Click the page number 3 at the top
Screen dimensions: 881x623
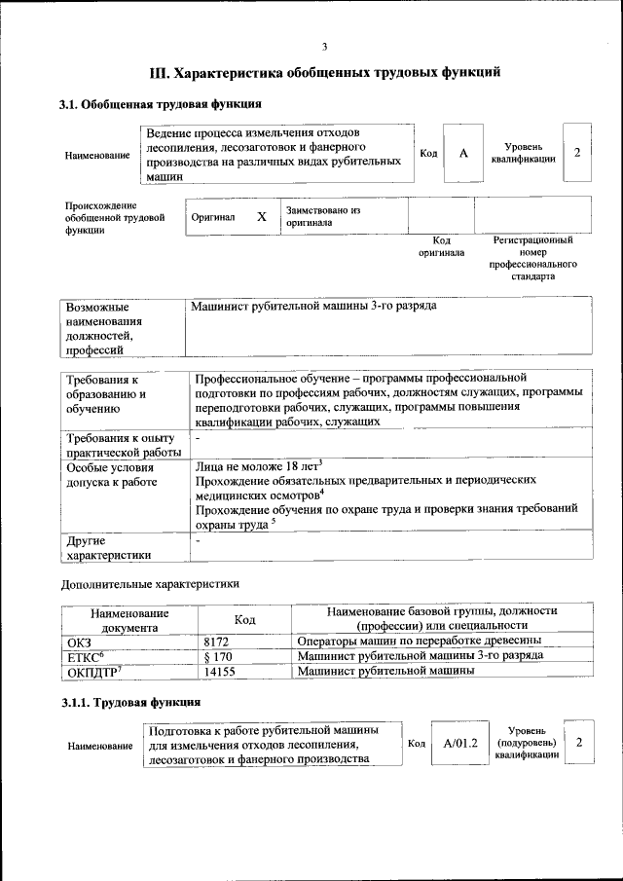(324, 46)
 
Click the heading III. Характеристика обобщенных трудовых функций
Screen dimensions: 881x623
(324, 72)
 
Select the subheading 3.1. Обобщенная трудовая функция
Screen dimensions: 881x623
(161, 103)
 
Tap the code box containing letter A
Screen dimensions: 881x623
(463, 154)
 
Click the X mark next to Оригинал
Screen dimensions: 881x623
(261, 217)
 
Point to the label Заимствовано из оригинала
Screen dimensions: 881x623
(322, 216)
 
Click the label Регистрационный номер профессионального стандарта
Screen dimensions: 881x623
(532, 257)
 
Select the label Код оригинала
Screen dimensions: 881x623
(441, 245)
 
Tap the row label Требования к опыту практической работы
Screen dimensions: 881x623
(123, 444)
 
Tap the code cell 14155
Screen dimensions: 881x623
(220, 671)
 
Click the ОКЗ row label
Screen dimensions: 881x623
(78, 642)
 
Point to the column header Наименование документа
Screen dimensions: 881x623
(129, 619)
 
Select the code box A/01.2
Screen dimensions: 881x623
(460, 744)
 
